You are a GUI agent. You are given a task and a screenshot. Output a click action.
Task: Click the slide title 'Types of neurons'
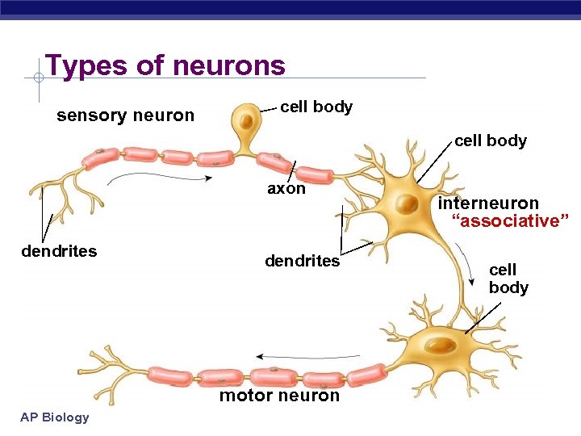point(165,65)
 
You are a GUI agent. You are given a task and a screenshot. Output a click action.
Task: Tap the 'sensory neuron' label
point(125,115)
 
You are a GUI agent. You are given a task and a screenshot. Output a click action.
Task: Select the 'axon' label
point(286,189)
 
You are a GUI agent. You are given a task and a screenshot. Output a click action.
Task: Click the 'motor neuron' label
point(279,396)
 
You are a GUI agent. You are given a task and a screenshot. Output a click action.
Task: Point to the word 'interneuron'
point(488,203)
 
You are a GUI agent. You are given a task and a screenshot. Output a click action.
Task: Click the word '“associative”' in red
point(510,221)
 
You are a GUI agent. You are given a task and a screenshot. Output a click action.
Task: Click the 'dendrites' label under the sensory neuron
point(59,251)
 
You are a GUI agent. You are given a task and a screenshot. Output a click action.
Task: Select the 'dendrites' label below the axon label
point(303,261)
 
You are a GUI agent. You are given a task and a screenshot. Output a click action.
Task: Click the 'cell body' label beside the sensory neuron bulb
point(316,107)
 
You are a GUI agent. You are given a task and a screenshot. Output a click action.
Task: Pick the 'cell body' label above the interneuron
point(490,140)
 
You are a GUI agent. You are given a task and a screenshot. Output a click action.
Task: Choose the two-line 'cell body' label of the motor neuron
point(508,279)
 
